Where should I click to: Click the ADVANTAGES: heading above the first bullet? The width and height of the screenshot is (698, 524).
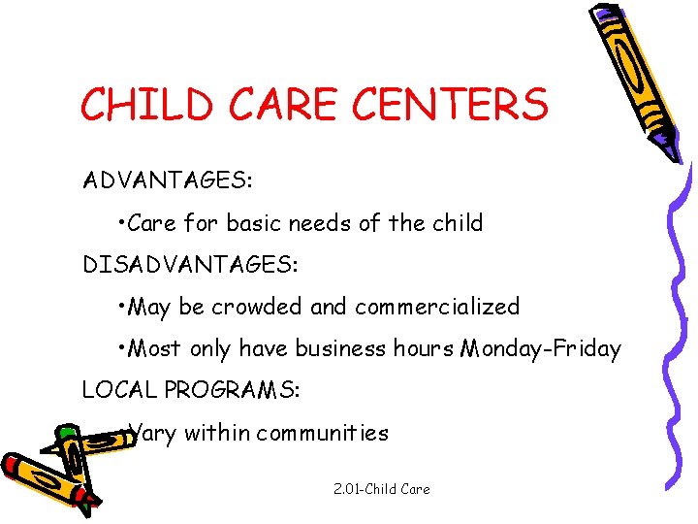pos(168,181)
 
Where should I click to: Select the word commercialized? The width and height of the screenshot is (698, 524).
pos(437,307)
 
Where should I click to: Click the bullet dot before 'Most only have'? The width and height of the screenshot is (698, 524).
pos(118,344)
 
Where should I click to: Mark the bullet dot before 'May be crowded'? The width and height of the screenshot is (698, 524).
pos(118,303)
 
